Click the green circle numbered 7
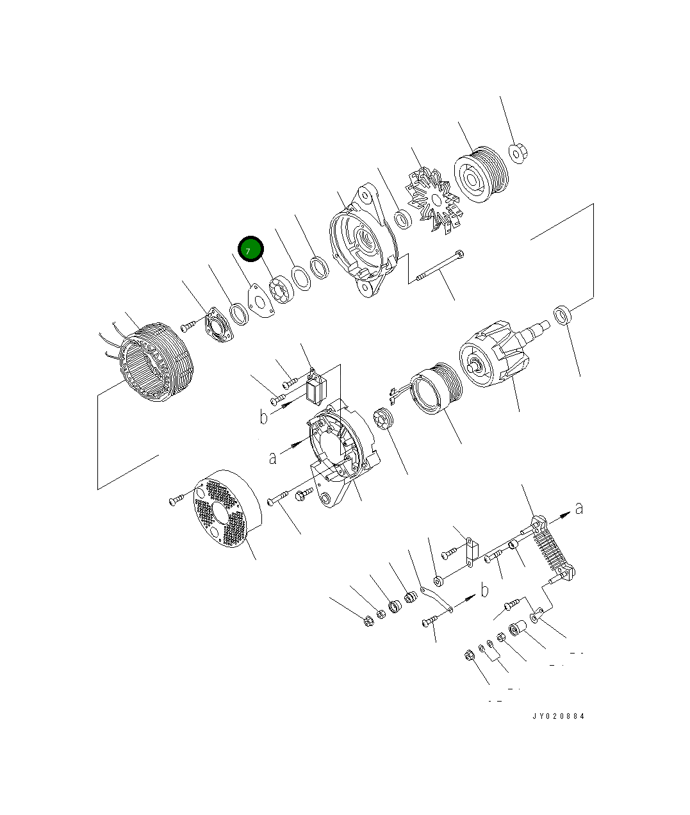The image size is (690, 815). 251,250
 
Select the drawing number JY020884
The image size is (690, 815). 558,716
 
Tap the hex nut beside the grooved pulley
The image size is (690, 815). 518,153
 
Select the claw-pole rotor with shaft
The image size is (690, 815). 497,362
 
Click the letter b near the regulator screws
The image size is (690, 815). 263,417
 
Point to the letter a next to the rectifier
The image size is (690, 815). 579,508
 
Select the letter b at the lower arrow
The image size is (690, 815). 485,590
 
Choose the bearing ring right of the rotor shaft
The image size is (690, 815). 562,315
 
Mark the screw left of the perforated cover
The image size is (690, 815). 177,500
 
